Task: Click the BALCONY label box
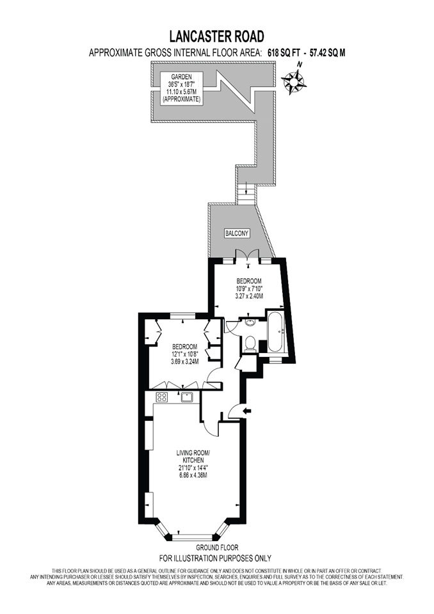pos(236,233)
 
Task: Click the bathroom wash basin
pos(250,324)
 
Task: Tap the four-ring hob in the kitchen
pos(162,397)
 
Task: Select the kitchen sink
pos(188,397)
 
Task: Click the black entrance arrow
pos(248,410)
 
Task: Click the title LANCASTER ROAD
pos(216,36)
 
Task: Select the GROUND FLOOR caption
pos(216,547)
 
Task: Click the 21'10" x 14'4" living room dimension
pos(193,468)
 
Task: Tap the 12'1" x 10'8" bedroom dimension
pos(184,354)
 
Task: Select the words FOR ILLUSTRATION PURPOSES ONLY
pos(216,557)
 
